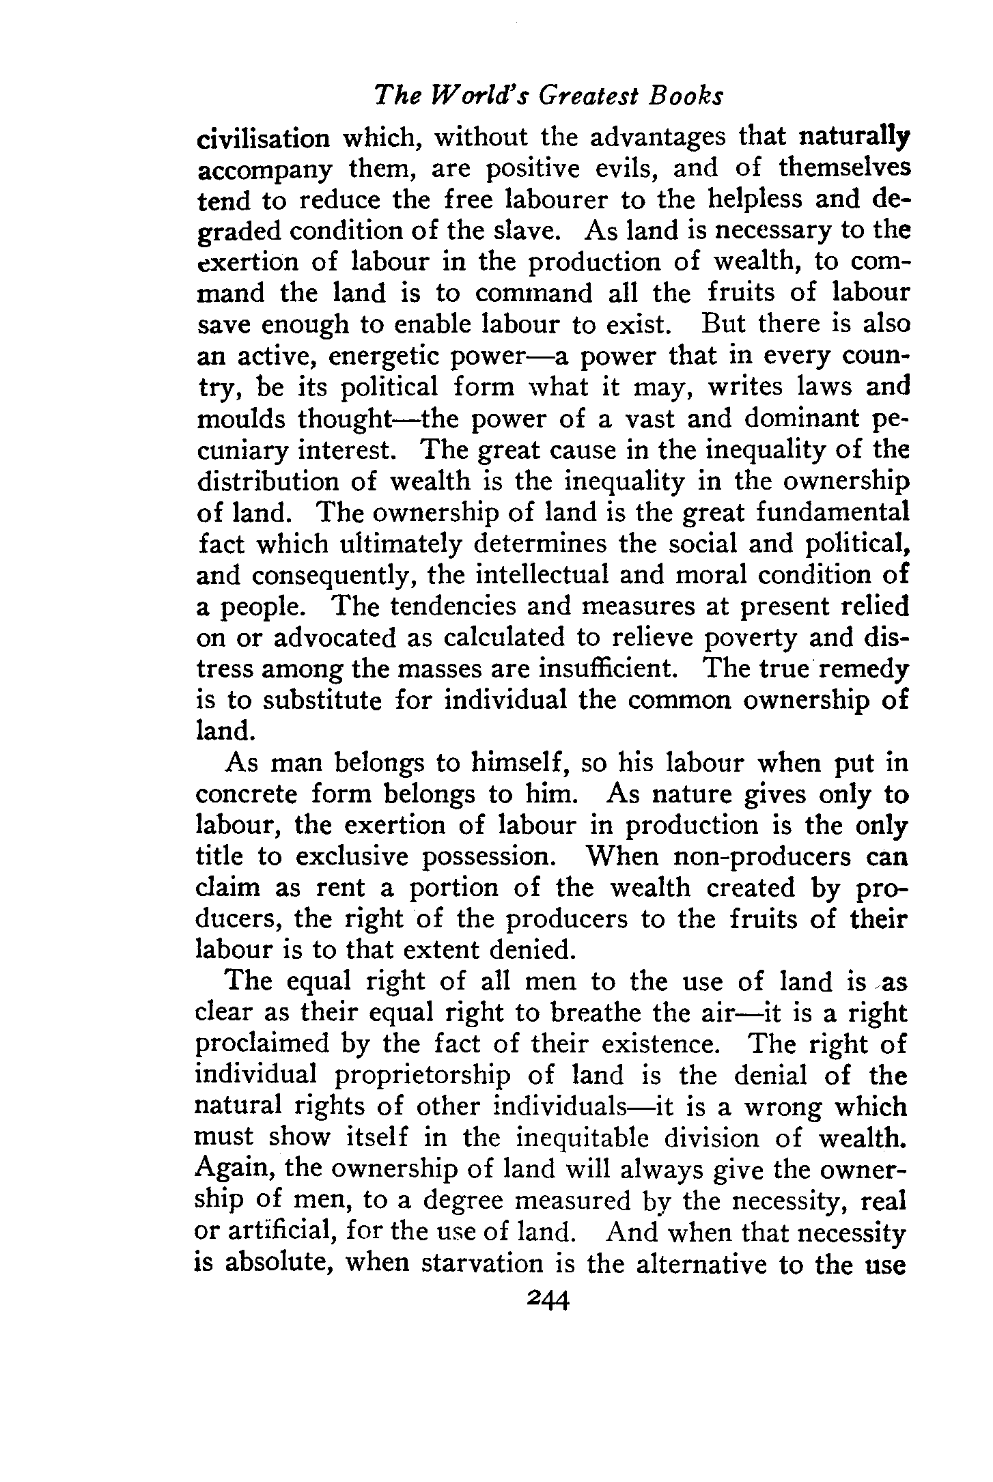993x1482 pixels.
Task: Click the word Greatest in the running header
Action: point(588,97)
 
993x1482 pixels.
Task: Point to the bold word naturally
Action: point(854,136)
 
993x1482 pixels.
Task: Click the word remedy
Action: point(866,669)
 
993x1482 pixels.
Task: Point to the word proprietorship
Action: point(422,1076)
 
